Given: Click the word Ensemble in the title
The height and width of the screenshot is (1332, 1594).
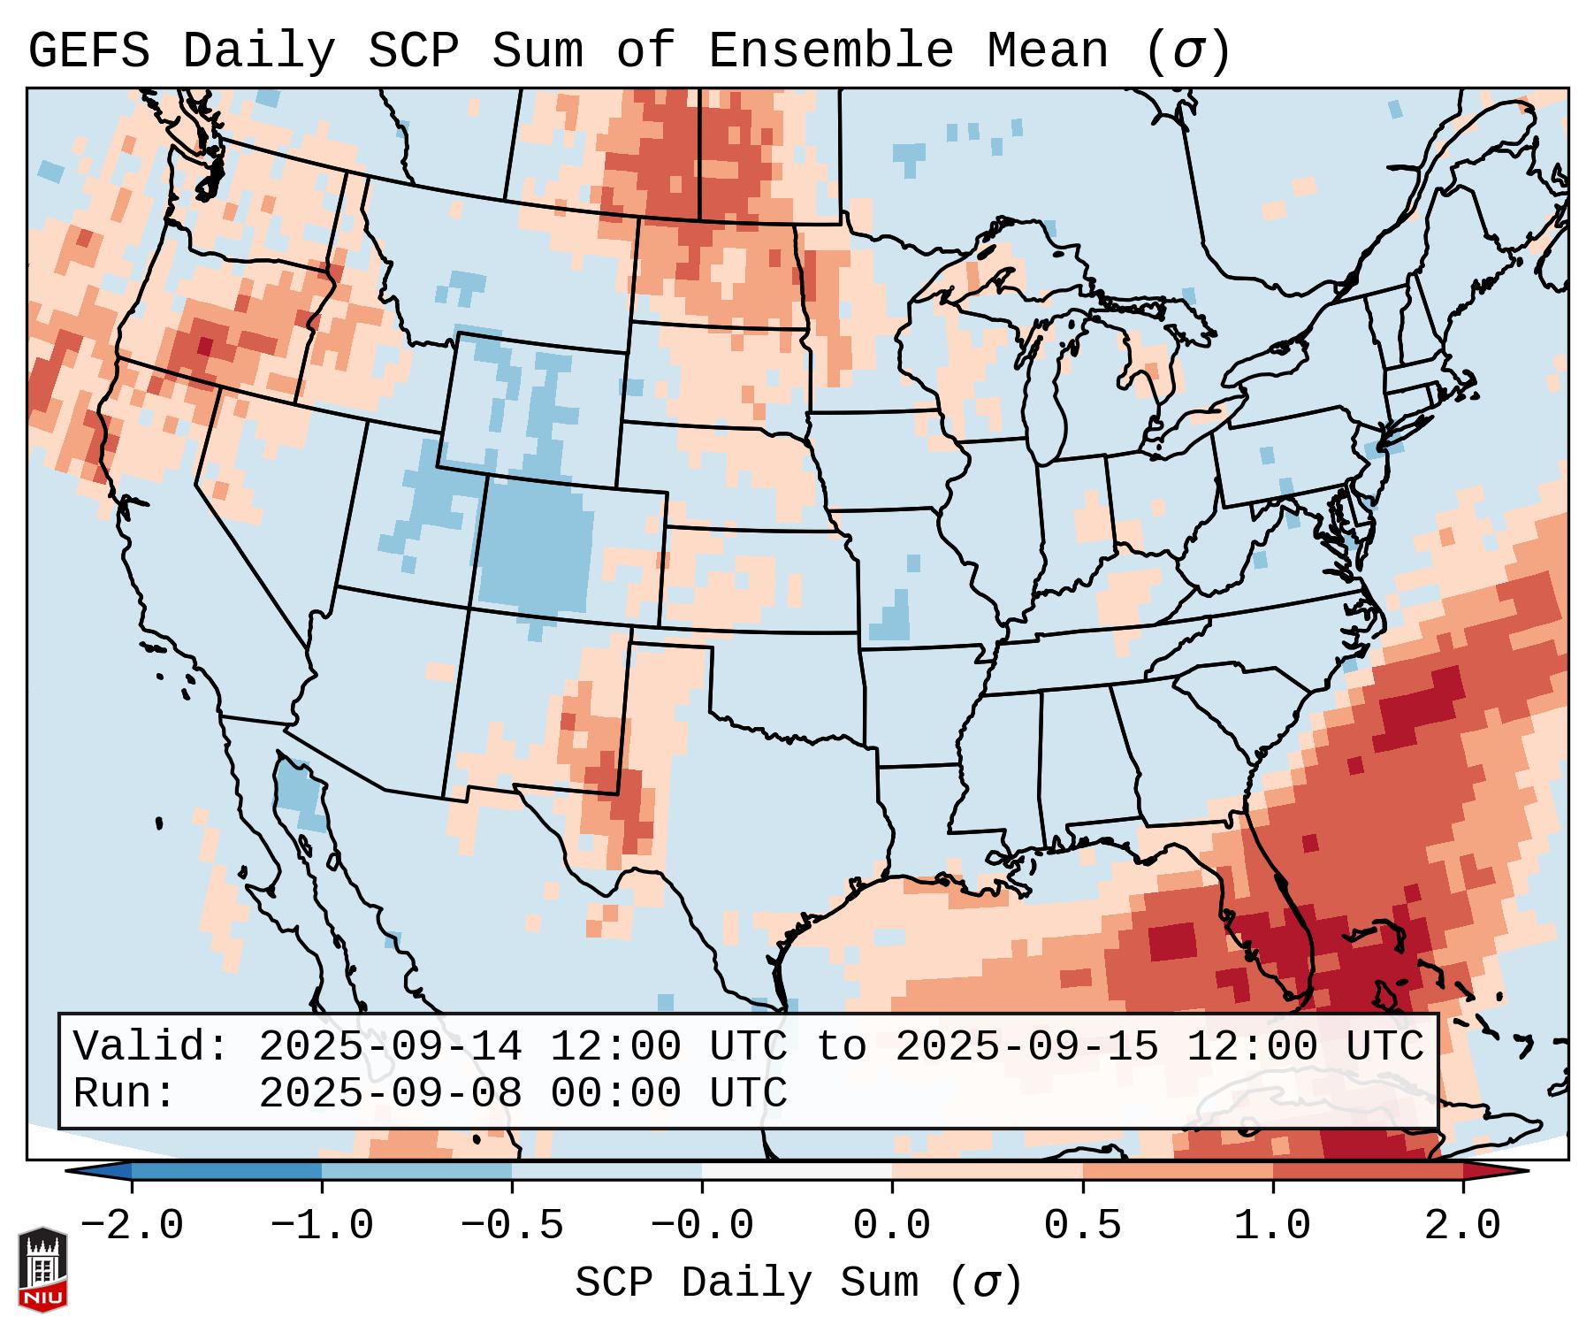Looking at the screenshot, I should (x=830, y=51).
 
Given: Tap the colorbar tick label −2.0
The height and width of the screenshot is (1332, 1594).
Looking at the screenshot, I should (x=132, y=1226).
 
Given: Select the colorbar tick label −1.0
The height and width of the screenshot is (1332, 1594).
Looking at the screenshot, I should (x=322, y=1226).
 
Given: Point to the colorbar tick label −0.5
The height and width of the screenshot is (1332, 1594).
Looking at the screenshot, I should (x=512, y=1226).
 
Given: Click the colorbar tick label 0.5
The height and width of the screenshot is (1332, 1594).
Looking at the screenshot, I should (x=1082, y=1226).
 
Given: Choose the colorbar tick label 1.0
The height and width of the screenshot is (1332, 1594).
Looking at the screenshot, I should (x=1272, y=1226).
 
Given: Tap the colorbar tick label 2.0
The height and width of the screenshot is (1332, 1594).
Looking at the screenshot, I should (x=1462, y=1226).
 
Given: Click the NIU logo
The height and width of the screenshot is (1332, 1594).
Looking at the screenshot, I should (x=42, y=1269).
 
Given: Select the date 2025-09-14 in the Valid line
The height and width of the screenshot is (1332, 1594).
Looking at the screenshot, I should (x=390, y=1047).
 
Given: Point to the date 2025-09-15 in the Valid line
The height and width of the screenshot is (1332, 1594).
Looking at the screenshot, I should (x=1026, y=1047).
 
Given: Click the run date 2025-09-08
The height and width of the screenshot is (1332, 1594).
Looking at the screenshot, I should (x=390, y=1094).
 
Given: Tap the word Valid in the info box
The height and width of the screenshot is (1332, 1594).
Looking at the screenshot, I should (x=150, y=1047).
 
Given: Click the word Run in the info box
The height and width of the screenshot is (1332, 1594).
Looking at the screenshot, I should (x=124, y=1094).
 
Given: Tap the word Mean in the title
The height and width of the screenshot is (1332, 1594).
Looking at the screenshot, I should (x=1047, y=51).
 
